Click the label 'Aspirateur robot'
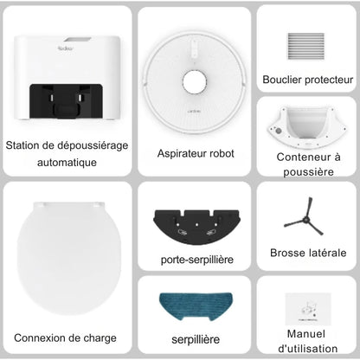[x=196, y=153]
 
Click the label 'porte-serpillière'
[x=196, y=258]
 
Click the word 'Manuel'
[x=305, y=334]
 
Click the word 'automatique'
[x=67, y=162]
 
